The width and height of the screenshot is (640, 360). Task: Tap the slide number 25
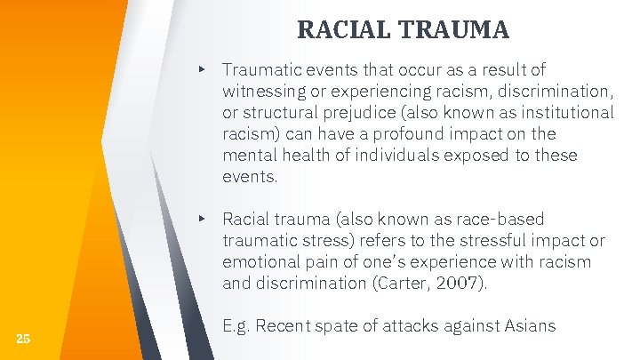pos(23,338)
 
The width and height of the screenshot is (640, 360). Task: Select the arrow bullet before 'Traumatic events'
pos(204,68)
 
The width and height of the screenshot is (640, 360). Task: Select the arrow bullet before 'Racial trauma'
pos(204,219)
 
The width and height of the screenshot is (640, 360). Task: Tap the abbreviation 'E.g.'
pos(238,327)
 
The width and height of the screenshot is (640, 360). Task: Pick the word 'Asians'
pos(529,327)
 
